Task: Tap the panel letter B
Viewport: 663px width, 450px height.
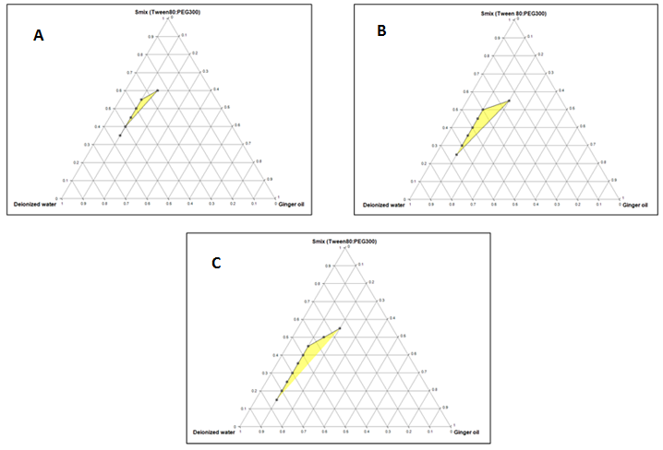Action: coord(381,30)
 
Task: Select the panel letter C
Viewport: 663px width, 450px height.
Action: coord(215,263)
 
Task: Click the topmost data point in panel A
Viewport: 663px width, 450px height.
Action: coord(158,90)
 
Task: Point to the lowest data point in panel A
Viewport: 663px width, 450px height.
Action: coord(120,136)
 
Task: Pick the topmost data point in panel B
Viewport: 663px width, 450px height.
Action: coord(509,100)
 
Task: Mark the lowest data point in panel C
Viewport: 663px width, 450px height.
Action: coord(276,399)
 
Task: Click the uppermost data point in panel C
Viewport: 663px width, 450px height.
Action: coord(340,328)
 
